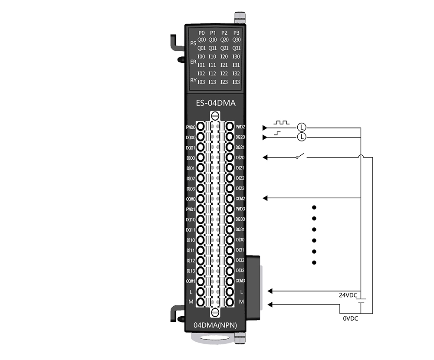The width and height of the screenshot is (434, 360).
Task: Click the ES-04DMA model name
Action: tap(216, 103)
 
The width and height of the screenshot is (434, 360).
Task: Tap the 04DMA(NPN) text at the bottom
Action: tap(215, 325)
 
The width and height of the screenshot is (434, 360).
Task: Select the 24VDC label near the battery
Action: tap(348, 295)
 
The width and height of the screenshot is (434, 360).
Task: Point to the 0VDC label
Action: tap(350, 318)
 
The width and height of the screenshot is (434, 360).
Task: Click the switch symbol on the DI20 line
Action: tap(300, 156)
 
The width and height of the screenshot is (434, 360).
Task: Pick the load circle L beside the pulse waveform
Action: tap(302, 127)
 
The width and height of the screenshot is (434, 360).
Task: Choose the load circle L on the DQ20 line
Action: tap(302, 137)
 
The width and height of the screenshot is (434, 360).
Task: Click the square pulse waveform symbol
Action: tap(282, 122)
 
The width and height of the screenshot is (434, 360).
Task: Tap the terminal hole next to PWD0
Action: tap(201, 127)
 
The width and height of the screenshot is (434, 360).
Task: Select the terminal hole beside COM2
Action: tap(230, 198)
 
